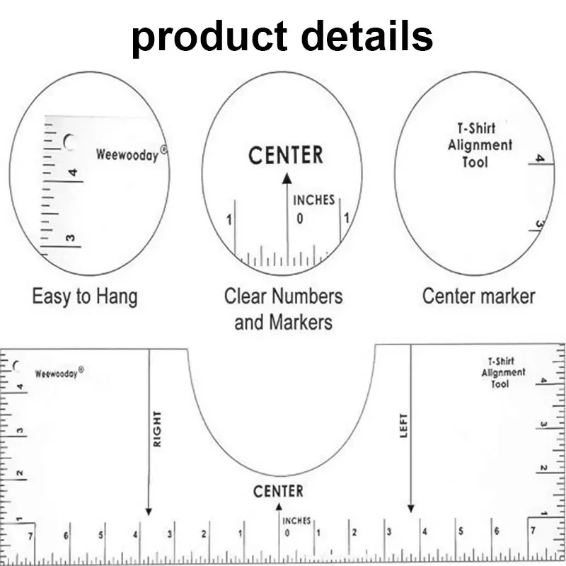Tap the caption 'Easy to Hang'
click(x=84, y=296)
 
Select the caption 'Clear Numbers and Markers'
click(x=283, y=309)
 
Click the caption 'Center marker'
click(x=478, y=296)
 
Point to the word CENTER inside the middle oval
click(x=286, y=155)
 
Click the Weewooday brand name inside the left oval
click(x=127, y=155)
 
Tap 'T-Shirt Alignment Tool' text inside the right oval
click(x=480, y=145)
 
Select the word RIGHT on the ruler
click(x=157, y=429)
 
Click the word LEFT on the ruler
click(x=404, y=425)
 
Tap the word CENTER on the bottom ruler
click(x=278, y=491)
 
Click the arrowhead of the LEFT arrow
click(x=411, y=508)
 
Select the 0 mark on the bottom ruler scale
click(x=287, y=533)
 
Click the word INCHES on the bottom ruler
click(x=296, y=521)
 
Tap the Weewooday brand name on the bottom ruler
click(x=59, y=373)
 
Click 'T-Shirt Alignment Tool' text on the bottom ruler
click(x=503, y=372)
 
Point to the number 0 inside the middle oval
click(x=300, y=219)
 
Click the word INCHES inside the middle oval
click(x=313, y=200)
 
